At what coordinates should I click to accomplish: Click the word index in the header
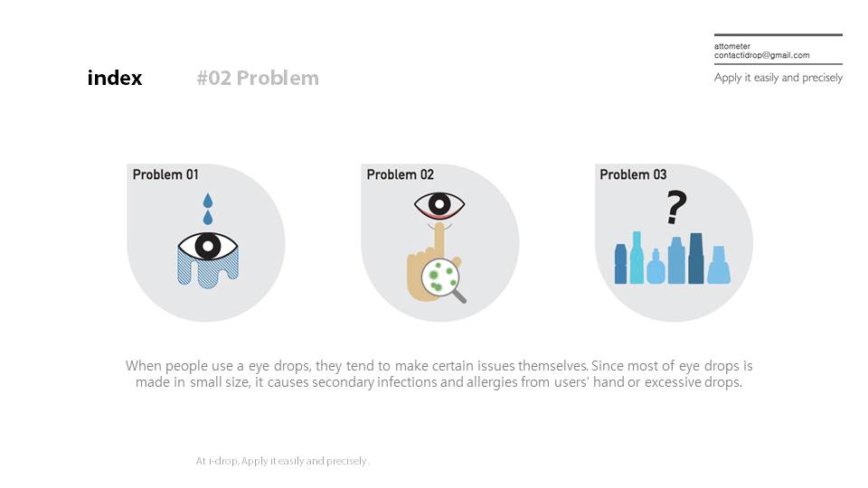(x=115, y=78)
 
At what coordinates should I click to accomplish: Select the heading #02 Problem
(x=258, y=78)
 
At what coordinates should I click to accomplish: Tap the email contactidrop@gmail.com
(x=761, y=55)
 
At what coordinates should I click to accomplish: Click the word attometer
(x=732, y=46)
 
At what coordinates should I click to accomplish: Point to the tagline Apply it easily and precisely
(x=778, y=78)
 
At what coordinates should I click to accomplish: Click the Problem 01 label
(x=165, y=174)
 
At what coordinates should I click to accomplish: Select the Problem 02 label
(x=401, y=174)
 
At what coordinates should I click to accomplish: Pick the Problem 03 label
(x=633, y=174)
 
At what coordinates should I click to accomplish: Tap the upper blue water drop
(x=208, y=201)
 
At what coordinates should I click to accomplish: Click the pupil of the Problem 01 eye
(x=208, y=246)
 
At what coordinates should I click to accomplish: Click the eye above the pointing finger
(x=439, y=205)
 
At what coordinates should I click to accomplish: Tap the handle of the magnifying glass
(x=459, y=296)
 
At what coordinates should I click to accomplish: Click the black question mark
(x=676, y=207)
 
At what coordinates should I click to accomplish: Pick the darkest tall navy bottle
(x=696, y=258)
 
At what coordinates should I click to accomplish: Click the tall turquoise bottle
(x=637, y=258)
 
